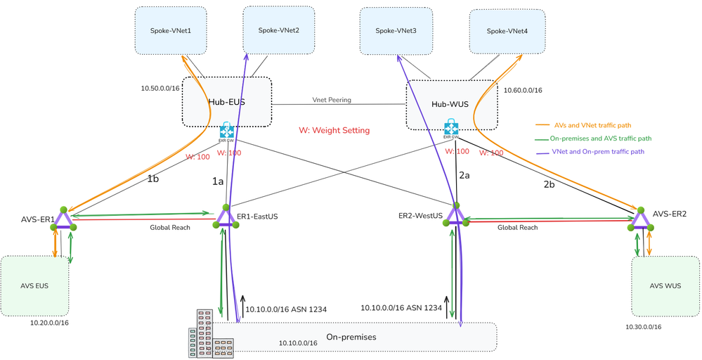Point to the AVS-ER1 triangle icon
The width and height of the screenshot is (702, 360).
tap(63, 219)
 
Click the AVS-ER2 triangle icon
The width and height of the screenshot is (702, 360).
tap(641, 219)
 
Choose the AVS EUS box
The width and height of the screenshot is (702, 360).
tap(34, 285)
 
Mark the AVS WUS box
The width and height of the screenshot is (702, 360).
tap(665, 287)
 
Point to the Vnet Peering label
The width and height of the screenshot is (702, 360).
tap(332, 100)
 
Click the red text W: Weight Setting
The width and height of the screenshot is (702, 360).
tap(334, 130)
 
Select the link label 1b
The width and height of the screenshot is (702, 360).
tap(153, 179)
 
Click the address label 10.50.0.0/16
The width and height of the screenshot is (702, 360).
tap(161, 89)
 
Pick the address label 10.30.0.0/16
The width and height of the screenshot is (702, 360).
tap(643, 326)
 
